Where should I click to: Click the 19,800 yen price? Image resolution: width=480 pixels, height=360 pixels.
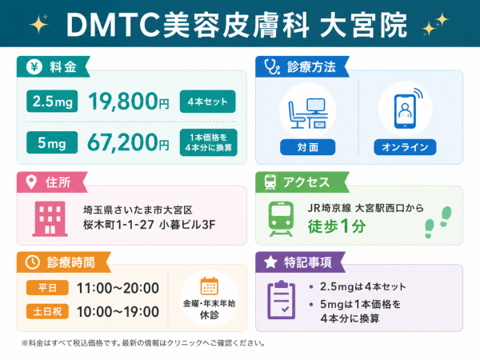(129, 102)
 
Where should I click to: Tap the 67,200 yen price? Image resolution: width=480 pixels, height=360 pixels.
(128, 142)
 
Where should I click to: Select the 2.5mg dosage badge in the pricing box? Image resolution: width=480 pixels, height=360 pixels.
(52, 101)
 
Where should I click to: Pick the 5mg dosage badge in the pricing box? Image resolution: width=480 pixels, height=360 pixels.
(52, 142)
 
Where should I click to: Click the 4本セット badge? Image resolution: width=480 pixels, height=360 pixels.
(207, 102)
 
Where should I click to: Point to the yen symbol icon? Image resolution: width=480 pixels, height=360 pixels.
(34, 66)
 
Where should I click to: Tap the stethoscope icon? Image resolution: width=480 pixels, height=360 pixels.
(272, 66)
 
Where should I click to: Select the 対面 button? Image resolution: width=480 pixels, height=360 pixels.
(308, 147)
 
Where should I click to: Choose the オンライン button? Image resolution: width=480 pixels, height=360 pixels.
(405, 147)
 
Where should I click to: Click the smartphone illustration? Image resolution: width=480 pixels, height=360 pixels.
(407, 108)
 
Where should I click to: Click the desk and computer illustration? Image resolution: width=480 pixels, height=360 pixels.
(308, 113)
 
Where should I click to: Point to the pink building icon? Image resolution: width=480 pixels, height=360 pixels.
(50, 218)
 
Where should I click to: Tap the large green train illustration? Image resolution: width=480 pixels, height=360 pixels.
(281, 219)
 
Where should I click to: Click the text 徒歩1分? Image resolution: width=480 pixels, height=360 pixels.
(337, 226)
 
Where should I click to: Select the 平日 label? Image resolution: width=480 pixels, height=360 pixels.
(47, 288)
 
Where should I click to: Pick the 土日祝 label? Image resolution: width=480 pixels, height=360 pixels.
(47, 312)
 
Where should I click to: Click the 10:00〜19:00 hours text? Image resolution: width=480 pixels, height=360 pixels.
(118, 312)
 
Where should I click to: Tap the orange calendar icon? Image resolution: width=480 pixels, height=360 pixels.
(210, 286)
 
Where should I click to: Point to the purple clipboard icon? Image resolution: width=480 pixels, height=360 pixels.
(282, 300)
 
